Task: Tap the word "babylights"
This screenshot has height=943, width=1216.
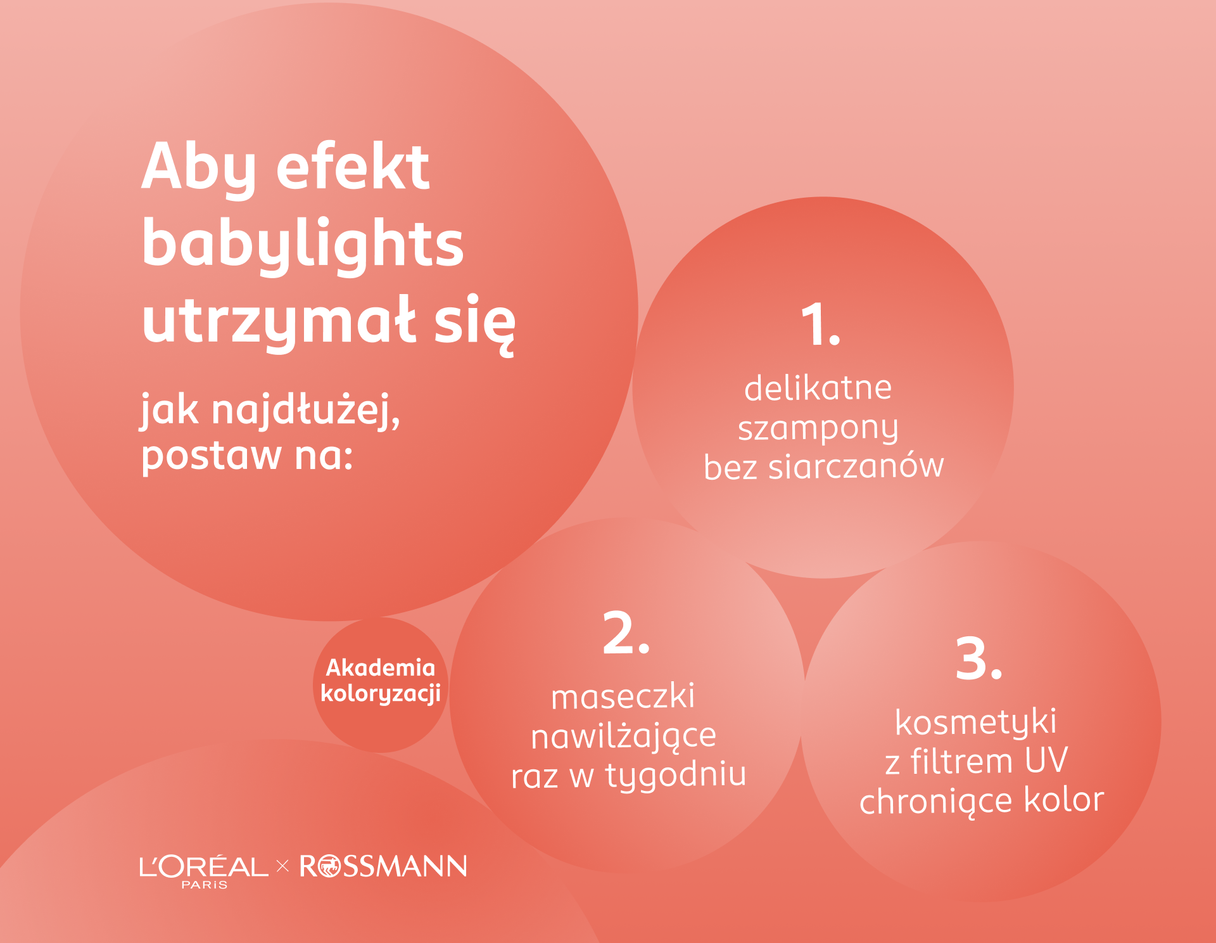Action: click(x=303, y=245)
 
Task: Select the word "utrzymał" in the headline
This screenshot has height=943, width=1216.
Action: click(x=279, y=322)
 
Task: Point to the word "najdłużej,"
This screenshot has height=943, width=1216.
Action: click(x=305, y=410)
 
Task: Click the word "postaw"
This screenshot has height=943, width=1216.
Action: click(x=211, y=456)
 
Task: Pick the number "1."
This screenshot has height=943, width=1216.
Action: click(x=820, y=324)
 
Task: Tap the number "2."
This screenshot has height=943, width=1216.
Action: click(x=626, y=633)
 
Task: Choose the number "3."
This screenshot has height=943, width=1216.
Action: click(x=978, y=659)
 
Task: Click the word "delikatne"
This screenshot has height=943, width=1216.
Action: click(x=818, y=388)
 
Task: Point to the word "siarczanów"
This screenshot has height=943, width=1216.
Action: click(x=856, y=467)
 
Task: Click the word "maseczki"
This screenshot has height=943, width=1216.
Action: click(x=623, y=696)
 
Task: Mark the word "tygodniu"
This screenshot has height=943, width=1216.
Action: click(x=676, y=776)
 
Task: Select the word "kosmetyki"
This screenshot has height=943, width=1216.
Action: click(x=975, y=722)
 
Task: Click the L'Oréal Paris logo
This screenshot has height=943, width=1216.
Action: click(x=203, y=869)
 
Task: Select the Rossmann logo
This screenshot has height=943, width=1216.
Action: click(x=383, y=866)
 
